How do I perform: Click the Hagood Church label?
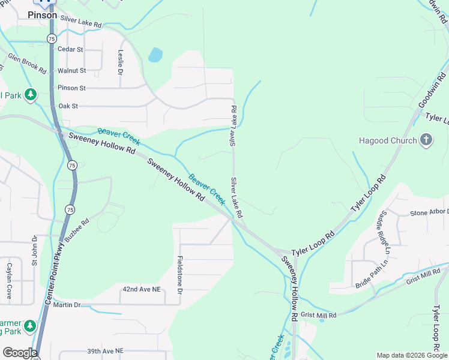pyautogui.click(x=387, y=141)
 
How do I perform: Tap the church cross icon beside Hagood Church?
pyautogui.click(x=426, y=140)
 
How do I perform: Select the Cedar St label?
pyautogui.click(x=71, y=49)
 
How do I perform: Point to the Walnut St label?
pyautogui.click(x=72, y=70)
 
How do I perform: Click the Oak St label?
pyautogui.click(x=68, y=106)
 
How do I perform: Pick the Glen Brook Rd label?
pyautogui.click(x=27, y=63)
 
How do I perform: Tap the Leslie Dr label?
pyautogui.click(x=121, y=61)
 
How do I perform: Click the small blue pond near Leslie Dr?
pyautogui.click(x=155, y=55)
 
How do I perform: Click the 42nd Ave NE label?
pyautogui.click(x=142, y=289)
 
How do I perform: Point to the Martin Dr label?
pyautogui.click(x=67, y=305)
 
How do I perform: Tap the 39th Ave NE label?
pyautogui.click(x=105, y=350)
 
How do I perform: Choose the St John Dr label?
pyautogui.click(x=35, y=253)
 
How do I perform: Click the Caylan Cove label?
pyautogui.click(x=10, y=275)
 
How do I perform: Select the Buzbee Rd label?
pyautogui.click(x=77, y=229)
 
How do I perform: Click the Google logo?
pyautogui.click(x=20, y=353)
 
